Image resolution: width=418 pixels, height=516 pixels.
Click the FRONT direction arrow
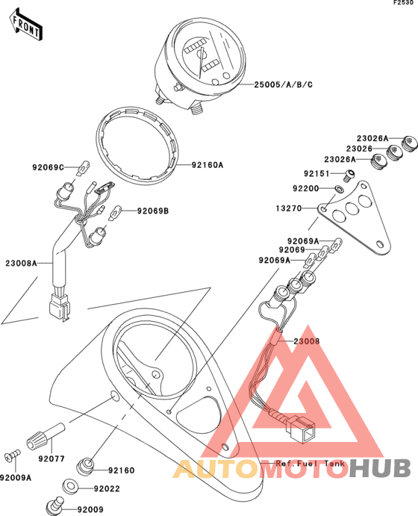click(x=25, y=25)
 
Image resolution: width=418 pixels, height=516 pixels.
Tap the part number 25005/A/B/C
click(x=283, y=85)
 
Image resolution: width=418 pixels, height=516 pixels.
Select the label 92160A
click(x=208, y=165)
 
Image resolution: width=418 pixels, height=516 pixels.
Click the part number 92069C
click(x=48, y=167)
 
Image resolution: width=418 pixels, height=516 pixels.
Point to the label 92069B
click(x=153, y=211)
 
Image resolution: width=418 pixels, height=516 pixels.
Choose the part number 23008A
click(x=21, y=264)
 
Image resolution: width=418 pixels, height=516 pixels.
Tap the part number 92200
click(x=306, y=189)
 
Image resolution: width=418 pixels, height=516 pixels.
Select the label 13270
click(x=289, y=208)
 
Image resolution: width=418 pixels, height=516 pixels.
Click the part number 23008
click(x=307, y=341)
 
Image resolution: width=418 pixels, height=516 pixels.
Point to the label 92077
click(x=52, y=459)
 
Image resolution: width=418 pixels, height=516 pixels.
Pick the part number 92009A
click(x=16, y=477)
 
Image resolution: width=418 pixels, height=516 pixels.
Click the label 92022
click(x=107, y=488)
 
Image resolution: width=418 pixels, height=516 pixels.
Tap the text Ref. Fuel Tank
click(x=310, y=464)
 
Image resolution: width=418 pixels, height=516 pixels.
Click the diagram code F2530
click(x=403, y=3)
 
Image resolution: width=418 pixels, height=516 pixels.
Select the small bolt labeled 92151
click(x=350, y=175)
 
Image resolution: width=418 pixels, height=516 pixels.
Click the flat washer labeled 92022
click(x=69, y=486)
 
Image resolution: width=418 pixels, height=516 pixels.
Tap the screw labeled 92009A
click(x=13, y=456)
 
